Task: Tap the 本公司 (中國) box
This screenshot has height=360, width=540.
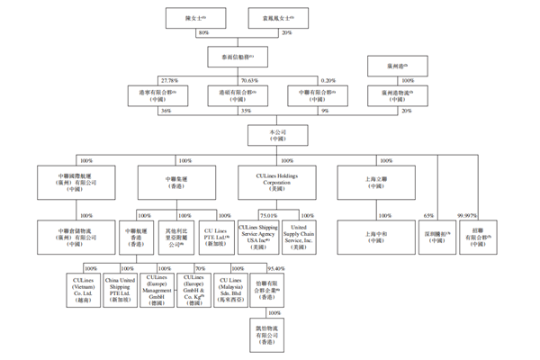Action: click(x=274, y=134)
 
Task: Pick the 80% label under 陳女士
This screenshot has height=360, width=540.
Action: click(x=202, y=31)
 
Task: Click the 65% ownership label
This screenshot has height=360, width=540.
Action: click(x=429, y=215)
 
